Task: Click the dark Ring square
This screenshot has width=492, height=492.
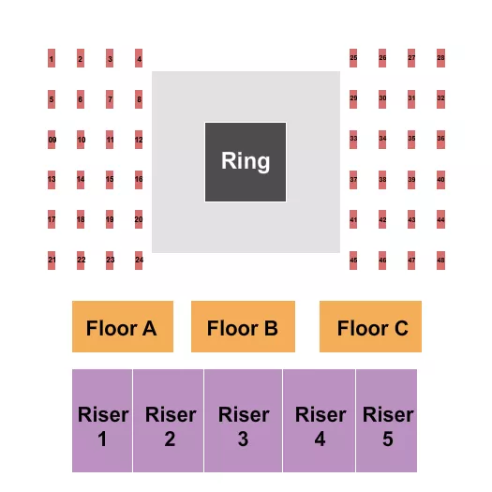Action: [246, 161]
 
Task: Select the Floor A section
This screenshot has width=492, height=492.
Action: [123, 327]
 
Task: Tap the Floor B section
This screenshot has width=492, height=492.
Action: [243, 327]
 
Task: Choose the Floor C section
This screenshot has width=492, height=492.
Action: [370, 327]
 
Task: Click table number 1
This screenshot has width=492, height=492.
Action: [52, 59]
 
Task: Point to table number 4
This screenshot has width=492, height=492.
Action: [139, 59]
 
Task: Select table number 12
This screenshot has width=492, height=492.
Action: [139, 140]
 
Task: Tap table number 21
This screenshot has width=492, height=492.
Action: [52, 260]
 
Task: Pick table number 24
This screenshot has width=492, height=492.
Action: [139, 260]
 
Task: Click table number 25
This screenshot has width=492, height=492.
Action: [353, 58]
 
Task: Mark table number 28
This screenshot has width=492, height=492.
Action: [440, 58]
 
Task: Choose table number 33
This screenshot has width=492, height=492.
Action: [353, 139]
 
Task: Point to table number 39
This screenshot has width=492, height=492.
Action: [411, 179]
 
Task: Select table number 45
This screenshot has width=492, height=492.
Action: [353, 260]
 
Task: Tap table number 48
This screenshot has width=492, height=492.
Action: [440, 260]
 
